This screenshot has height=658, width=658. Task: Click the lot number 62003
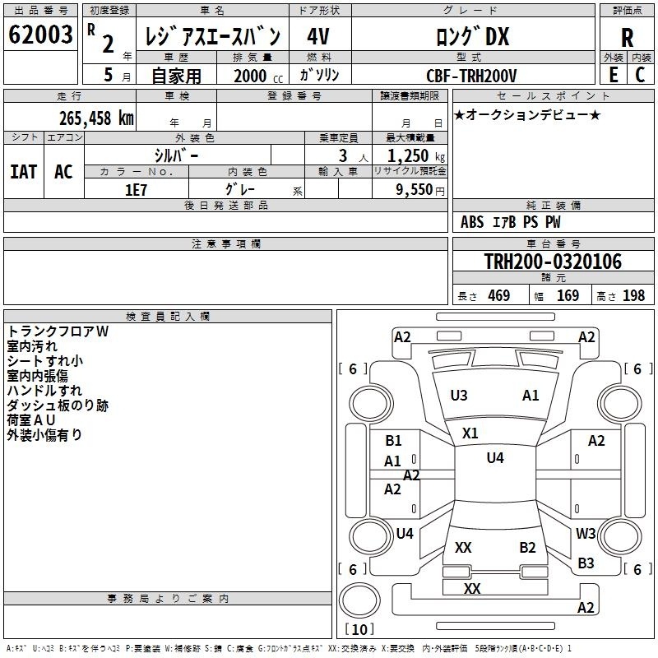(41, 36)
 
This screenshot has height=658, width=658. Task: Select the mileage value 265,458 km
(96, 118)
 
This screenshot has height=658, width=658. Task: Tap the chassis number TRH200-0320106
(553, 262)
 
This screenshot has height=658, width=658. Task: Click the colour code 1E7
(136, 189)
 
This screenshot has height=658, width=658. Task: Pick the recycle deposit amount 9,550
(410, 189)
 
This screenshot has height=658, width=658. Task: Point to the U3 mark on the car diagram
(459, 396)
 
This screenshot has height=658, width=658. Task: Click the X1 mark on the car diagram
(470, 433)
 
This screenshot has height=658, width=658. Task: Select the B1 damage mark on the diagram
(393, 441)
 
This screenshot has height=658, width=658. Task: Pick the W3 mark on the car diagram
(586, 534)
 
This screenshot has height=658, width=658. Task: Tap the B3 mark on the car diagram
(586, 563)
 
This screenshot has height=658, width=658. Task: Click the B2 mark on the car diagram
(527, 548)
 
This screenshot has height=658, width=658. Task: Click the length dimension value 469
(498, 295)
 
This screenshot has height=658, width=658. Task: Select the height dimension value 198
(634, 295)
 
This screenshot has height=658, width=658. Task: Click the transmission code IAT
(24, 172)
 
